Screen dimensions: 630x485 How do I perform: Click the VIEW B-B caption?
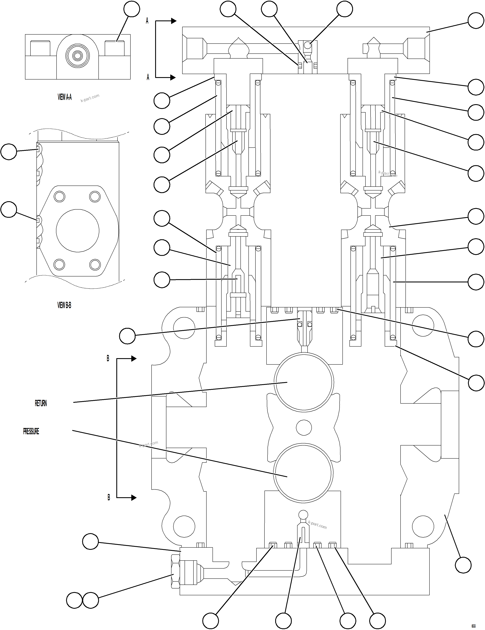pos(64,305)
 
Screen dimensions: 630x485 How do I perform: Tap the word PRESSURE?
pos(31,431)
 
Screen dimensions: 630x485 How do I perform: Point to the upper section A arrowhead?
pos(173,21)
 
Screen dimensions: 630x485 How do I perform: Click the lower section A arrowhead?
pos(173,77)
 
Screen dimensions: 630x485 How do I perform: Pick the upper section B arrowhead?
pos(134,358)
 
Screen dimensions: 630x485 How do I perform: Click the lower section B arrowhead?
pos(134,498)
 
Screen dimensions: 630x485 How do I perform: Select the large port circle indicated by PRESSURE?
pos(303,473)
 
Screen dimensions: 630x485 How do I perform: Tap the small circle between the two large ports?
pos(304,427)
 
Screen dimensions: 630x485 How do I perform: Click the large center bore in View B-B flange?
pos(78,231)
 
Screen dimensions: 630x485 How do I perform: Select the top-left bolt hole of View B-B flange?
pos(59,197)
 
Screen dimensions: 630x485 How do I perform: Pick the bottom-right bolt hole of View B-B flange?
pos(95,264)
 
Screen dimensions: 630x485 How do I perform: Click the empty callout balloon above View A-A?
pos(132,9)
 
